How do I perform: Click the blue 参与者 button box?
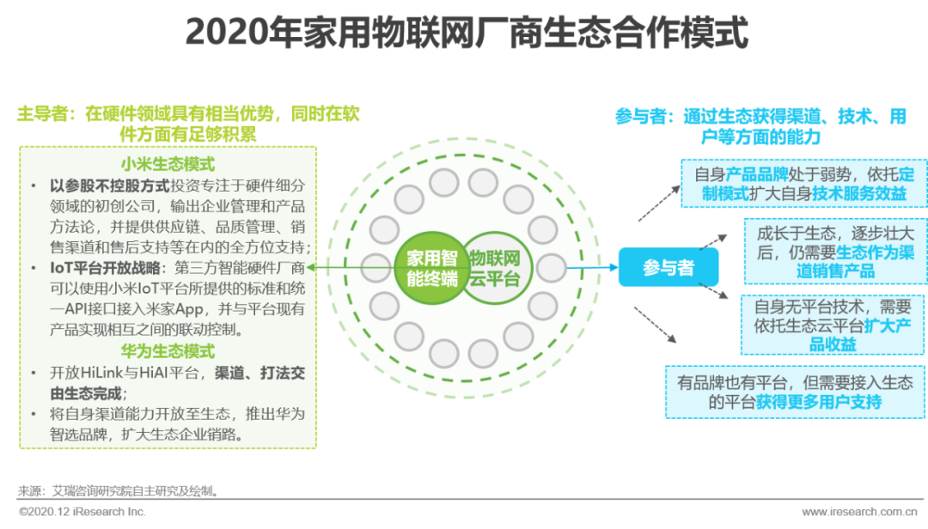pyautogui.click(x=668, y=268)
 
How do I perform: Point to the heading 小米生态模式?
pyautogui.click(x=168, y=165)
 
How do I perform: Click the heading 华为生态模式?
pyautogui.click(x=168, y=351)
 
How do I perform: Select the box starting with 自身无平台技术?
pyautogui.click(x=833, y=325)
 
